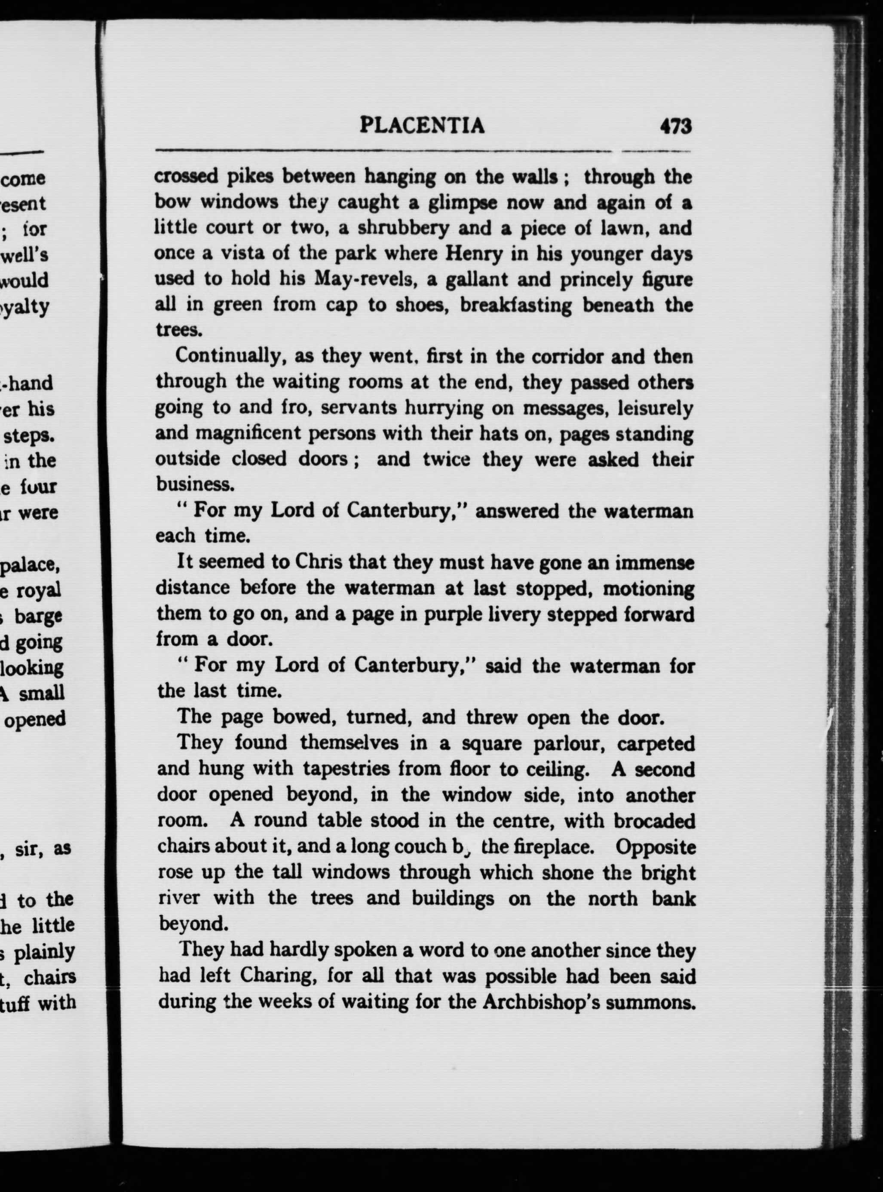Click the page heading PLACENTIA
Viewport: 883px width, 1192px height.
pos(422,125)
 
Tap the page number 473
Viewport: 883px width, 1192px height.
pos(676,127)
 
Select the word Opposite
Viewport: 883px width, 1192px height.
pos(655,847)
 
